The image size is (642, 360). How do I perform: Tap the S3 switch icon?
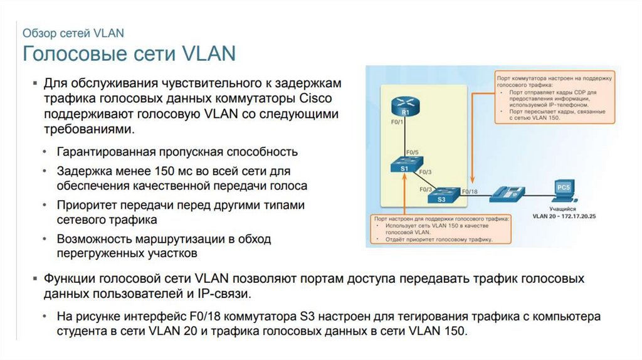[441, 196]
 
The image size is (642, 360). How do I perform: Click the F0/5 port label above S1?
[412, 151]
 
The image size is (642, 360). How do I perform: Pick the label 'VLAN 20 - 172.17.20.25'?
[564, 216]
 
